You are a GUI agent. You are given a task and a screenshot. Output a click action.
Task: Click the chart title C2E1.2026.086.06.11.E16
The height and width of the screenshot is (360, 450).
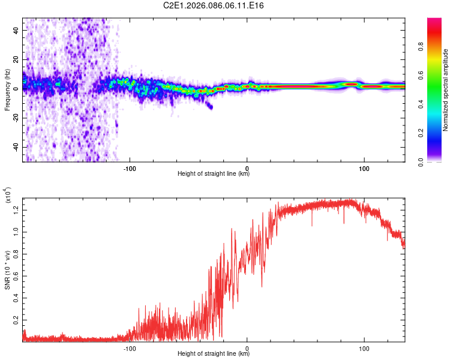214,5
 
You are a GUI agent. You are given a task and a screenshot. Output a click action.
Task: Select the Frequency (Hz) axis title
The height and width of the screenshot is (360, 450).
8,90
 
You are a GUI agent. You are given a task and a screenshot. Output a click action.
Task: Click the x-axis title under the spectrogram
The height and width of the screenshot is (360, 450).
214,174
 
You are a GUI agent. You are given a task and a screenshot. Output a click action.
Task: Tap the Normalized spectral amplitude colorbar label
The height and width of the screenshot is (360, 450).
445,90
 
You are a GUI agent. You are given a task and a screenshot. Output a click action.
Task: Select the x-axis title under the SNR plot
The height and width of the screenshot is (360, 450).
214,354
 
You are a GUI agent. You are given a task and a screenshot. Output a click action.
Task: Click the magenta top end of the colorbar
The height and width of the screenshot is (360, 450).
434,21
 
